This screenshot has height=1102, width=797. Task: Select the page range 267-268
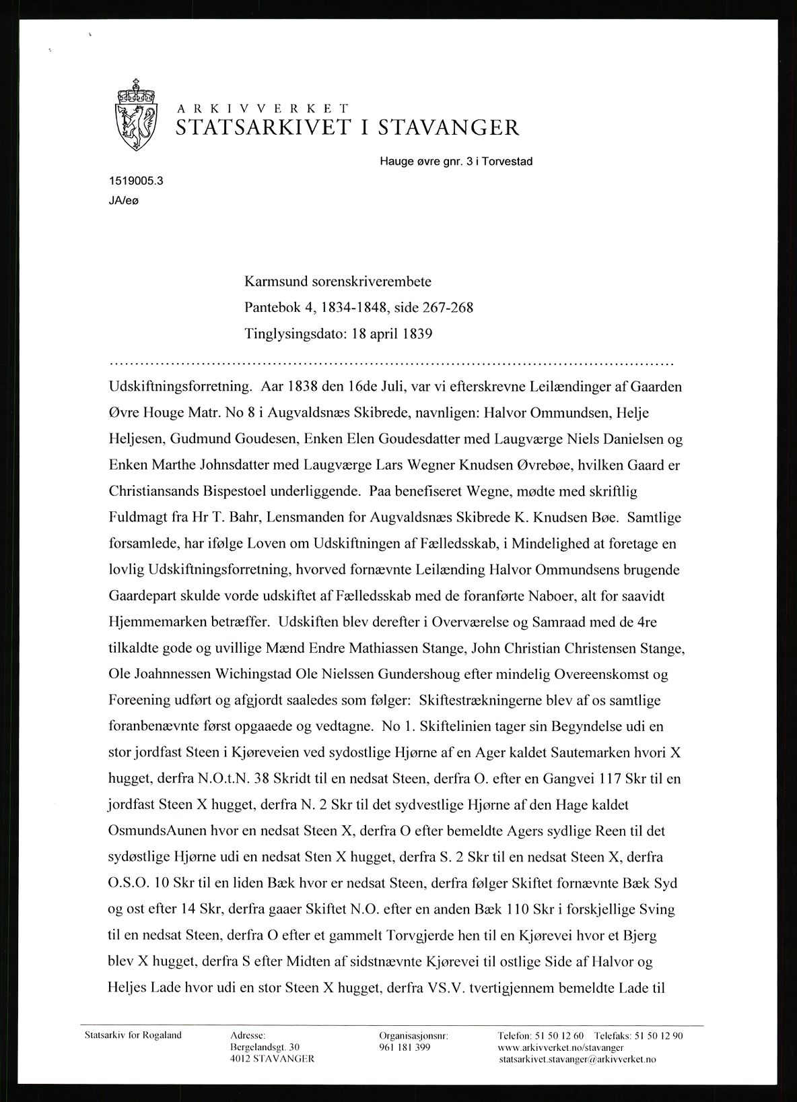coord(448,307)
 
